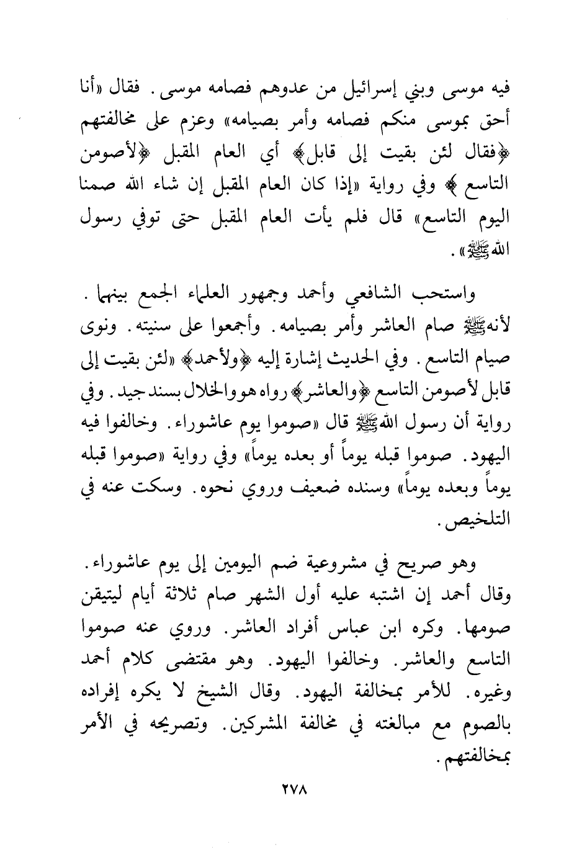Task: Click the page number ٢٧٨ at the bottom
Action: (294, 792)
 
